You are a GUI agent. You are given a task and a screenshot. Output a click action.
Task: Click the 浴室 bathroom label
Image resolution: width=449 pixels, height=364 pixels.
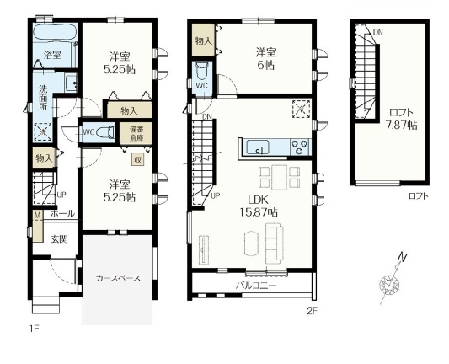(52, 56)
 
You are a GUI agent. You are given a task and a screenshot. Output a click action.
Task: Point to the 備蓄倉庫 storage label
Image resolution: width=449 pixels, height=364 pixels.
(136, 133)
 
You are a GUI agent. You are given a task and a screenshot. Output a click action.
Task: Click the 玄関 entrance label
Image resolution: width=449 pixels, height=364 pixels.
(58, 239)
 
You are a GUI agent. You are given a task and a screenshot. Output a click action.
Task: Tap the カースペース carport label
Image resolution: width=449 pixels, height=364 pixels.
(117, 277)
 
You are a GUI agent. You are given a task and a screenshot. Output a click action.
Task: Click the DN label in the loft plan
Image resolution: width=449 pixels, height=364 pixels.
(378, 32)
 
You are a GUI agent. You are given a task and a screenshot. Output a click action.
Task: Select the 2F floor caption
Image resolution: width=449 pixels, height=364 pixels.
(311, 311)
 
